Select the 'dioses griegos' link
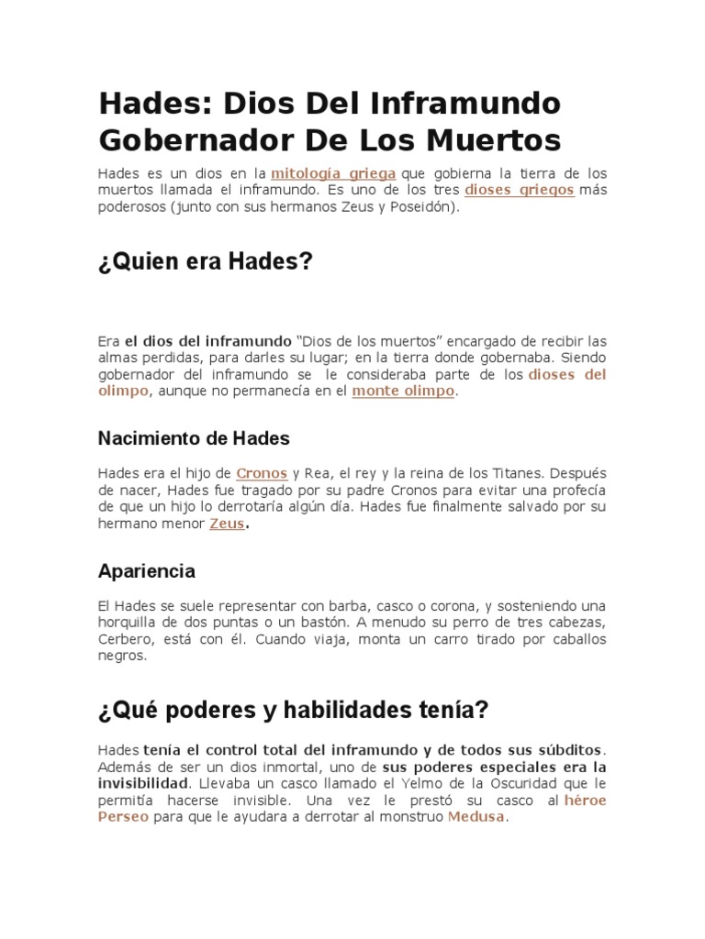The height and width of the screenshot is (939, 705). coord(520,190)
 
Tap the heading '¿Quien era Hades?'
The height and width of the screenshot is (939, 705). coord(206,262)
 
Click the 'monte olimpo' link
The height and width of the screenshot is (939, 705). coord(404,391)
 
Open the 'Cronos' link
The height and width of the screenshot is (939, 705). coord(262,473)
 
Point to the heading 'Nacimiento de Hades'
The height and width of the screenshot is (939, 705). coord(194,438)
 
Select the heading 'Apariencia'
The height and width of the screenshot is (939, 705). coord(147,570)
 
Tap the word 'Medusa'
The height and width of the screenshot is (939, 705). coord(476,816)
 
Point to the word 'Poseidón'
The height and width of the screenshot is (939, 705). coord(419,207)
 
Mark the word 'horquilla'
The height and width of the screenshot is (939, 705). coord(129,623)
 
